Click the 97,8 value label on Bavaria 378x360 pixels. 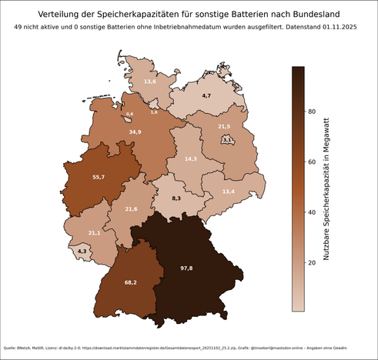pyautogui.click(x=186, y=268)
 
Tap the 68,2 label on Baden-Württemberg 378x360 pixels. pyautogui.click(x=130, y=283)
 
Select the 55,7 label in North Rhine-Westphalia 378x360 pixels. pyautogui.click(x=98, y=177)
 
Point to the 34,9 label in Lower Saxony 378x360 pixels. pyautogui.click(x=135, y=132)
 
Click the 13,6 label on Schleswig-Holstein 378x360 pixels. pyautogui.click(x=150, y=81)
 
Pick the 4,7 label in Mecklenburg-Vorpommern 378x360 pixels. pyautogui.click(x=206, y=95)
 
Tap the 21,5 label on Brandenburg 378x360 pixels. pyautogui.click(x=224, y=126)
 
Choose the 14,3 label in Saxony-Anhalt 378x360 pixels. pyautogui.click(x=191, y=158)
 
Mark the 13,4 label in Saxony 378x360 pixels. pyautogui.click(x=228, y=191)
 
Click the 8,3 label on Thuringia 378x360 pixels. pyautogui.click(x=176, y=198)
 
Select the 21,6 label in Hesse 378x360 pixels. pyautogui.click(x=131, y=209)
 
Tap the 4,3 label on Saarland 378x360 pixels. pyautogui.click(x=82, y=251)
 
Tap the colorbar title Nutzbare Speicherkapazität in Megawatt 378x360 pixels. pyautogui.click(x=326, y=188)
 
